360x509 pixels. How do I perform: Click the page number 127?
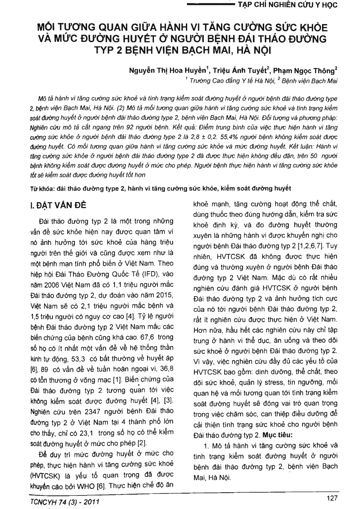(331, 498)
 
